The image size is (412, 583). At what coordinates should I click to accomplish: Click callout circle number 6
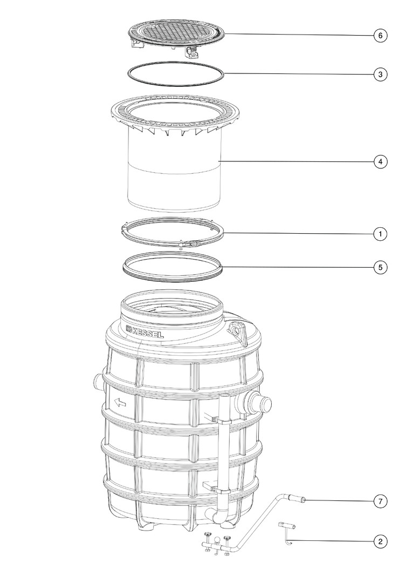380,36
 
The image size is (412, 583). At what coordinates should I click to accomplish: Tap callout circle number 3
380,74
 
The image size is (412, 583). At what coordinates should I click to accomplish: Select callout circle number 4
380,162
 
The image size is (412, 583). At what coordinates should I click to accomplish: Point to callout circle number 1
380,234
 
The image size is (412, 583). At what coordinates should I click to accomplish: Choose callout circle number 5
380,267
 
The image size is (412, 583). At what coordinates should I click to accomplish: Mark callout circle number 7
380,501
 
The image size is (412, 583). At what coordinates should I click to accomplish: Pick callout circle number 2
380,541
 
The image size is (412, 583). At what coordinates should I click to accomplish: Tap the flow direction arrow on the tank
120,402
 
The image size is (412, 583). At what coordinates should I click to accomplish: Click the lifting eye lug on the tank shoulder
237,330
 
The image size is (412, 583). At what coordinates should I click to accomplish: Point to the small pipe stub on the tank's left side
97,382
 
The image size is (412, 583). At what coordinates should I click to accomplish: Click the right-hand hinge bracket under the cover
192,52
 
